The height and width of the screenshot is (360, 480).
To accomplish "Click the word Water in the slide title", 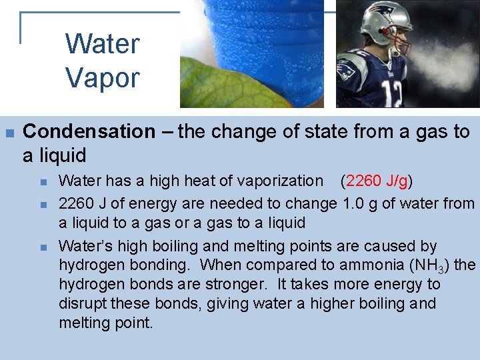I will coord(102,45).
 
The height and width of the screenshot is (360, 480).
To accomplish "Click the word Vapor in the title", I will coord(102,78).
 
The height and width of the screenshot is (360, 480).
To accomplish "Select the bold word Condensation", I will coord(89,132).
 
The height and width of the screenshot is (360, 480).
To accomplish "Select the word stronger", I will coord(234,285).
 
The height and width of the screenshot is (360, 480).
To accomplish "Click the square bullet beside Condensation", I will coord(9,132).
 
